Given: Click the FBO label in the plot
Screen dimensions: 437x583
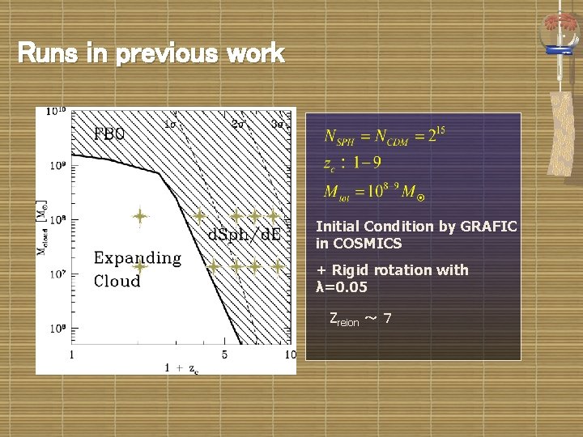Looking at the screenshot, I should coord(110,134).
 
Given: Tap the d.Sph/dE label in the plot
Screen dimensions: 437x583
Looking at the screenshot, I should coord(245,235).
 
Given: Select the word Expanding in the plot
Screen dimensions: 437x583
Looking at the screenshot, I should coord(138,258).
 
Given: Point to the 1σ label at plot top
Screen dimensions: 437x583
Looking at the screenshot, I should coord(171,125).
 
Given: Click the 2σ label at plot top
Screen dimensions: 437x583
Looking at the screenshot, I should coord(240,125).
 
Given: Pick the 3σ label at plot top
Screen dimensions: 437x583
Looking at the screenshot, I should coord(278,125).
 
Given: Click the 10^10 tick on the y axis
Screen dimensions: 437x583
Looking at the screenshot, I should coord(56,111).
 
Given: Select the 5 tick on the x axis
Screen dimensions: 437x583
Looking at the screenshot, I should coord(224,354).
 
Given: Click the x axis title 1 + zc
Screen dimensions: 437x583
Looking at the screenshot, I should coord(181,368).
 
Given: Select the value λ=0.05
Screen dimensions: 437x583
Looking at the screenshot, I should coord(341,287).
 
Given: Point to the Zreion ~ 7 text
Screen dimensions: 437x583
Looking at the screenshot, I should coord(361,319).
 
